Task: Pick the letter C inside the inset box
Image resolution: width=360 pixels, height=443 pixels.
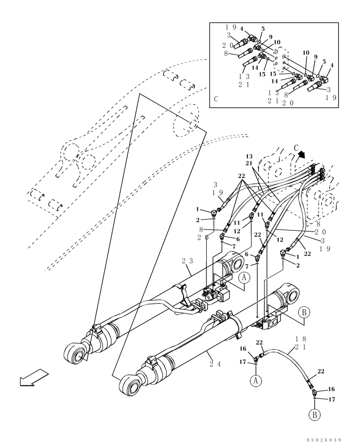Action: click(x=216, y=99)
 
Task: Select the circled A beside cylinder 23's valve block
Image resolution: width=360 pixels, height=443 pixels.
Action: click(x=244, y=278)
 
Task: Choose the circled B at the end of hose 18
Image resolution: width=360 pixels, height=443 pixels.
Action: click(x=314, y=415)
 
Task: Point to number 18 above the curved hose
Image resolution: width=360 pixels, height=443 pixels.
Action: click(x=301, y=338)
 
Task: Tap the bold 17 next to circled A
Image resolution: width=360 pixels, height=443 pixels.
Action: click(x=243, y=362)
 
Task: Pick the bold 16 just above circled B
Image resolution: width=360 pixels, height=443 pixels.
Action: click(x=331, y=389)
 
